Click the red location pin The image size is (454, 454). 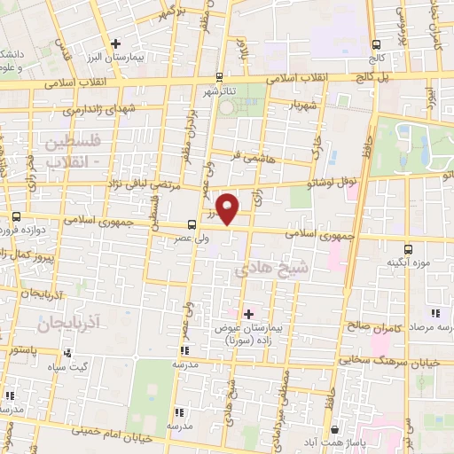tap(229, 209)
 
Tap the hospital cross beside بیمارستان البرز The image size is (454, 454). tap(114, 43)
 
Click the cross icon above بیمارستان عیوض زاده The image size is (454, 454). tap(247, 313)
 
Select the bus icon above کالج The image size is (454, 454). tap(376, 43)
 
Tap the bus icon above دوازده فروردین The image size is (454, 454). tap(17, 216)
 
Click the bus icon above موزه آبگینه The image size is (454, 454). tap(408, 249)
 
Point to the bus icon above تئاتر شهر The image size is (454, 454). tap(216, 76)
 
